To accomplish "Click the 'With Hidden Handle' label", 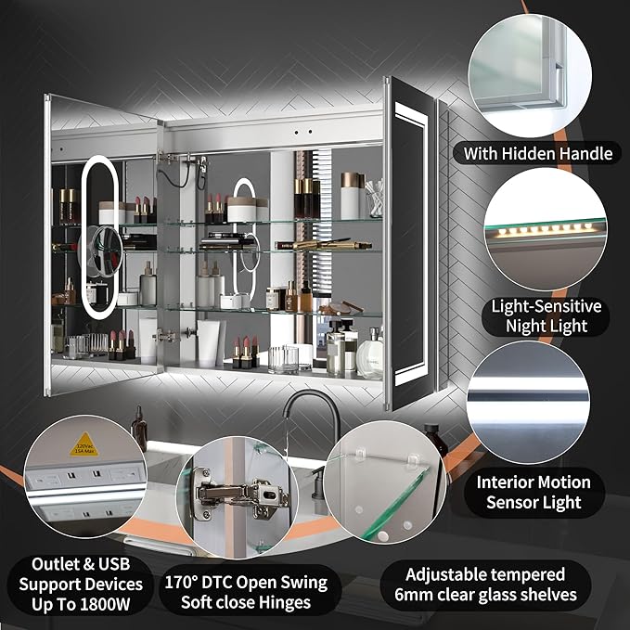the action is (537, 153).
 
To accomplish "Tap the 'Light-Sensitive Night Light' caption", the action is (546, 316).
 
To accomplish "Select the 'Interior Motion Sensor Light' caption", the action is (534, 492).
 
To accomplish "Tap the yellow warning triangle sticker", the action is (84, 444).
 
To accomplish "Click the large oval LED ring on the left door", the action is (99, 237).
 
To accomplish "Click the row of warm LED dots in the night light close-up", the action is (544, 230).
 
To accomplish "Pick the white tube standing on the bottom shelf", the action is (208, 343).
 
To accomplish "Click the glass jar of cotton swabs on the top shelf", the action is (374, 198).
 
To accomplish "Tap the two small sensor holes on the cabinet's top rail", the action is (303, 132).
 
